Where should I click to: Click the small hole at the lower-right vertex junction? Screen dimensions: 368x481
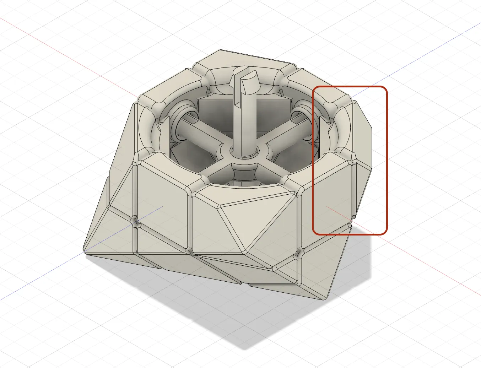299,253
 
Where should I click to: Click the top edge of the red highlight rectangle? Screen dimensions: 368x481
350,86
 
